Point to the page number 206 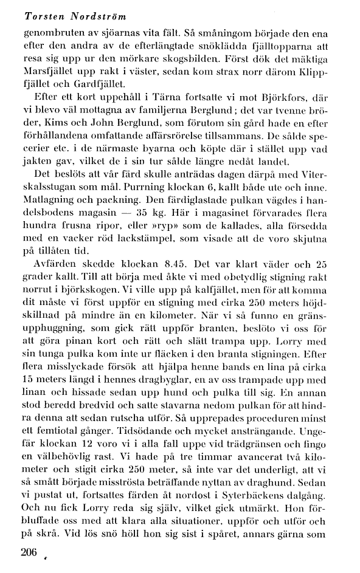[x=29, y=552]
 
